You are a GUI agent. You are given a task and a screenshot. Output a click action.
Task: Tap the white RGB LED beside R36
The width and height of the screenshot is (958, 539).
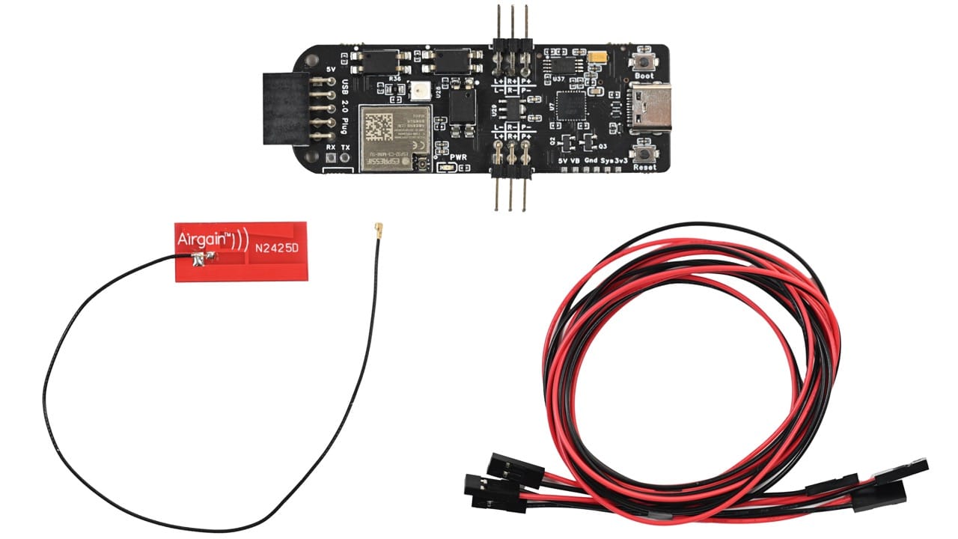coord(418,91)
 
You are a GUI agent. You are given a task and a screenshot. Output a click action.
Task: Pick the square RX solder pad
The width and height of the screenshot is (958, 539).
coord(331,159)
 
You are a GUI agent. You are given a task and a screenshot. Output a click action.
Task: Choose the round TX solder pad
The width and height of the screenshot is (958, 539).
coord(345,159)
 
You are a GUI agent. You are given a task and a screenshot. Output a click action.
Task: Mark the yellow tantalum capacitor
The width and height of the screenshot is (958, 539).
coord(597,57)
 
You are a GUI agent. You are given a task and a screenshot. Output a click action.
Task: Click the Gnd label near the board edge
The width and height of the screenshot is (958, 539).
coord(593,160)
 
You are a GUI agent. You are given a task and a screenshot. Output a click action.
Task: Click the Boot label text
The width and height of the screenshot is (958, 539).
coord(644,76)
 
